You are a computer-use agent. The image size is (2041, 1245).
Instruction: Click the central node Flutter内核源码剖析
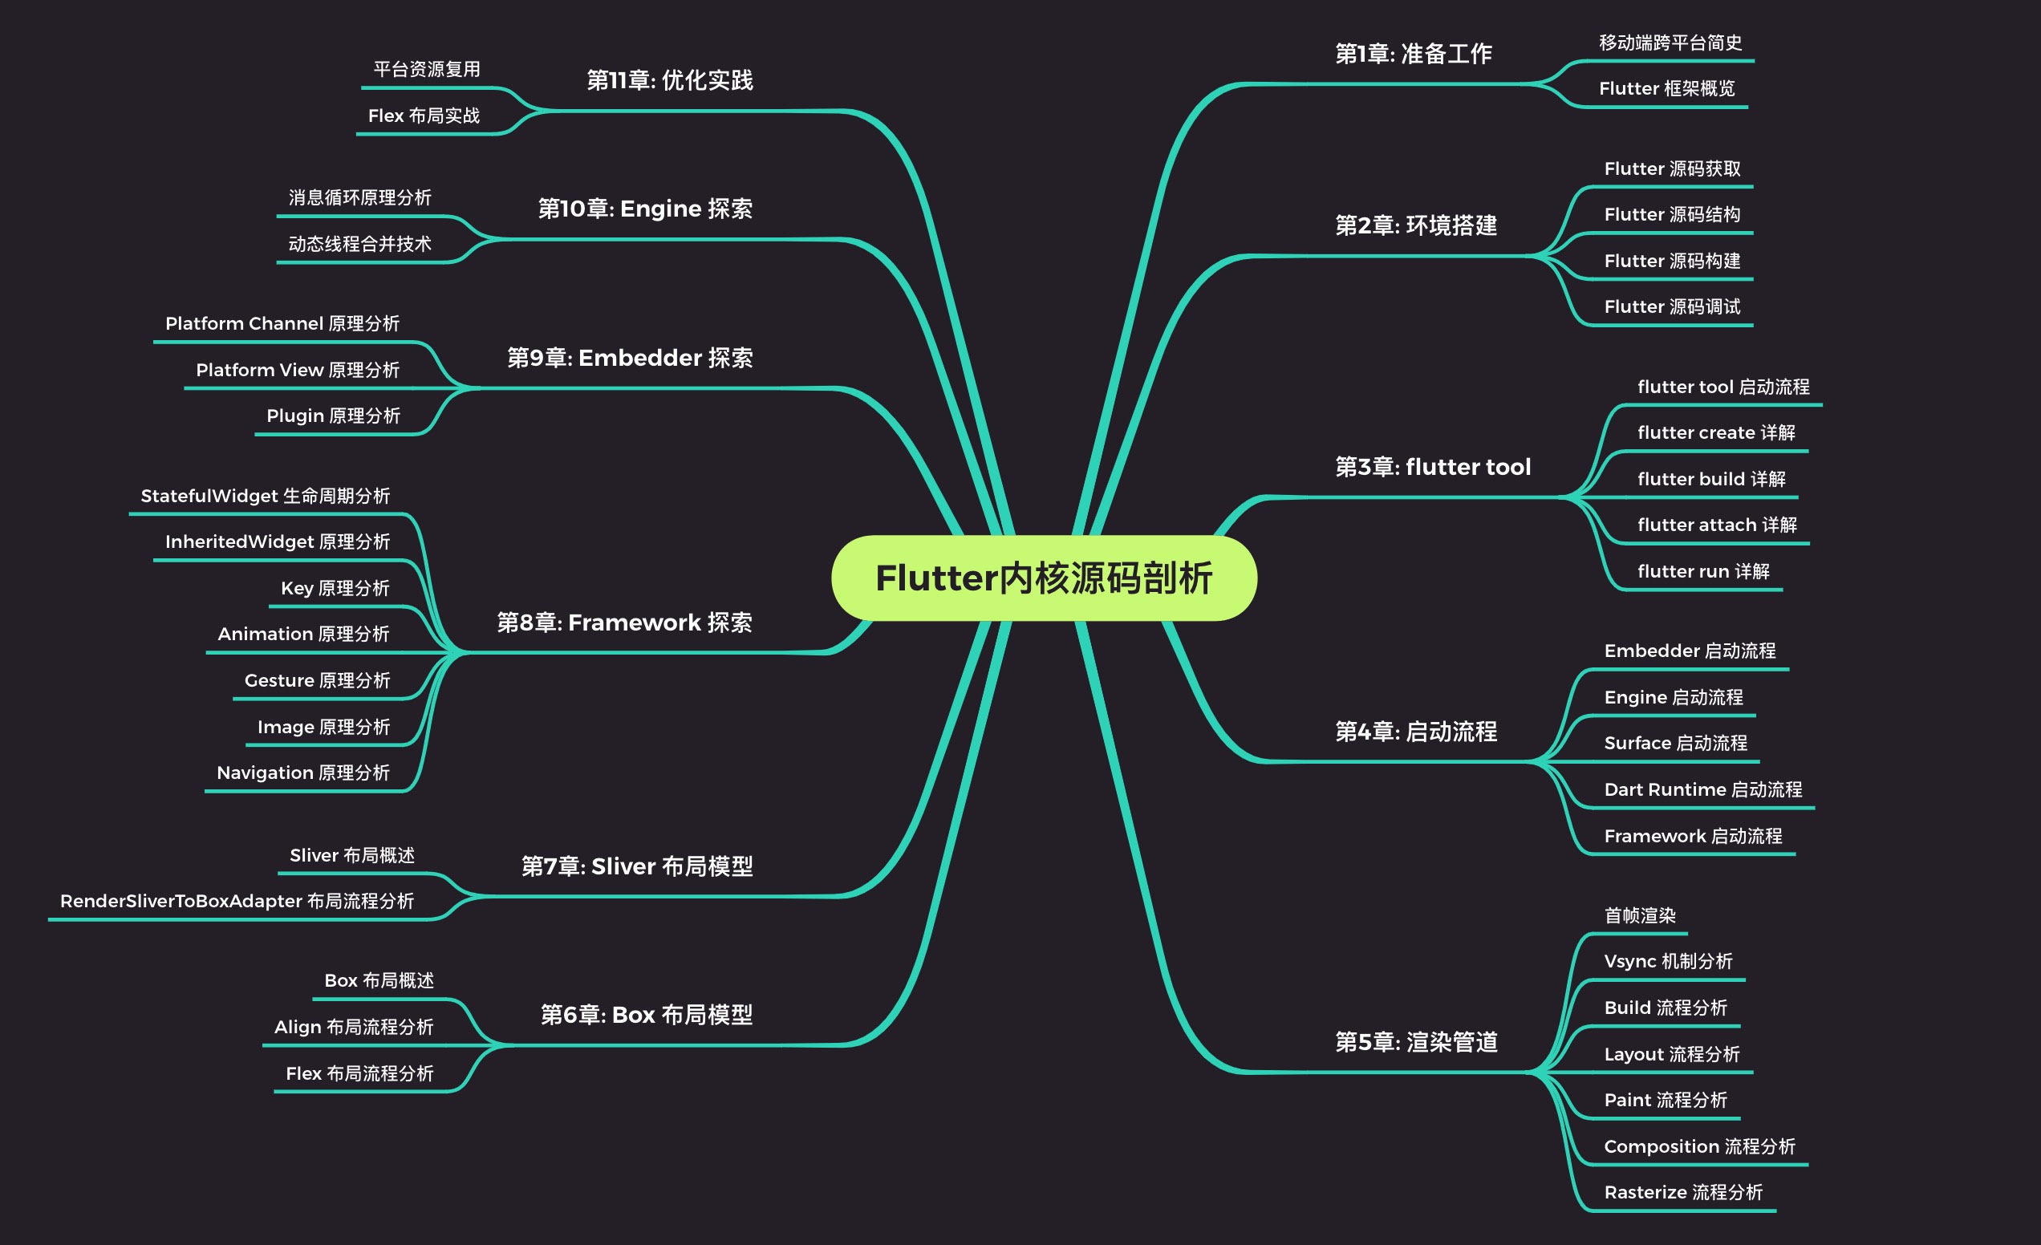[1044, 578]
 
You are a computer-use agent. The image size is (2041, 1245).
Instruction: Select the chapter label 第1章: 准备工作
[1413, 55]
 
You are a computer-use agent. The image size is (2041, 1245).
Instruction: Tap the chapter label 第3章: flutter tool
[1432, 467]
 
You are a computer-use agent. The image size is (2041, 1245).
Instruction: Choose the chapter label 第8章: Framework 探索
[624, 623]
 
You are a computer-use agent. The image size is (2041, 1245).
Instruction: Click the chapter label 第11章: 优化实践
[669, 80]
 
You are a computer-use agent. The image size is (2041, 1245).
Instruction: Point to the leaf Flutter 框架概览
[1666, 88]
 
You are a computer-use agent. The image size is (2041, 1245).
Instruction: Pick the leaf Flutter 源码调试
[1672, 307]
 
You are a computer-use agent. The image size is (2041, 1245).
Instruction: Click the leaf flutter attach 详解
[1716, 525]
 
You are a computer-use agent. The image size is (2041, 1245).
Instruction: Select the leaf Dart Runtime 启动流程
[1702, 790]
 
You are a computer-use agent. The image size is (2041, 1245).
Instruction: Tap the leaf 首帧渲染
[1639, 916]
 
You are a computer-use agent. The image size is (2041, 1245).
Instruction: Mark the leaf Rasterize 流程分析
[1682, 1193]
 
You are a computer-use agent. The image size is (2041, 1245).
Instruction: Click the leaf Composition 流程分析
[1699, 1147]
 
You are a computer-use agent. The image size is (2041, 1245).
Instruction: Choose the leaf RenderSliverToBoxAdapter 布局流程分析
[237, 901]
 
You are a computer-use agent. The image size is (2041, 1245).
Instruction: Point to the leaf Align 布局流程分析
[354, 1027]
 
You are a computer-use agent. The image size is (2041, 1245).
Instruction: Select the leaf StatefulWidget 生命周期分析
[265, 497]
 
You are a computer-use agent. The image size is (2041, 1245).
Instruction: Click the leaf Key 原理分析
[335, 588]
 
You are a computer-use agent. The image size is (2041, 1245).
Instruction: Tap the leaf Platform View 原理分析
[298, 371]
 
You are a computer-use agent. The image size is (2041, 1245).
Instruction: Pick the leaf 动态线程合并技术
[359, 245]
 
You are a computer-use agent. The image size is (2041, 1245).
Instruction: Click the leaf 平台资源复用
[427, 70]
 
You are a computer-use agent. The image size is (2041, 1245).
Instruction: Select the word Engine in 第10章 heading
[660, 209]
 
